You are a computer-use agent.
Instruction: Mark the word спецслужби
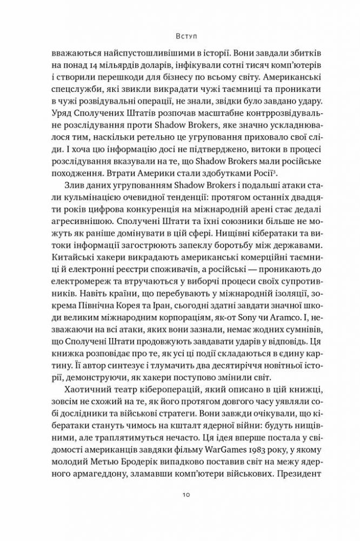click(74, 97)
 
